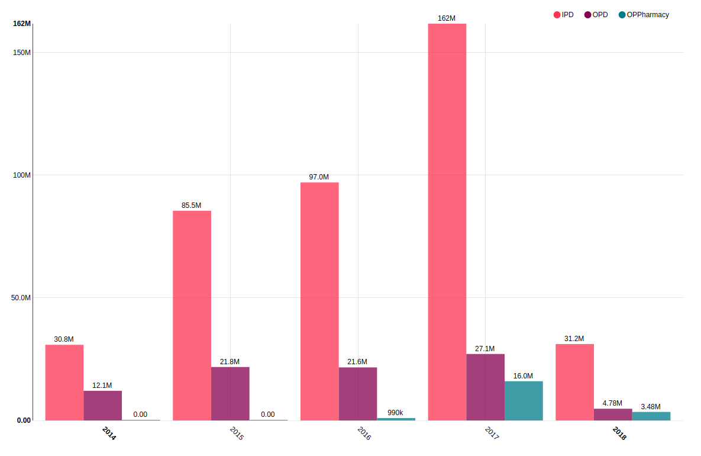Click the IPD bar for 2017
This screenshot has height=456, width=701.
pos(447,222)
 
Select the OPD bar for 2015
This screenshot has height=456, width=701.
pos(230,394)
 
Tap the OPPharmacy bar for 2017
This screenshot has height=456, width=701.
pos(524,401)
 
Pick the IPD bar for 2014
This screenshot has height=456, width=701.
pos(64,383)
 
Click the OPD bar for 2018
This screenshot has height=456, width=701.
pos(613,415)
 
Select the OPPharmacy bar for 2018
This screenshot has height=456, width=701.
pos(651,416)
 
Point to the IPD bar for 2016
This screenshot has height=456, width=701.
pos(319,301)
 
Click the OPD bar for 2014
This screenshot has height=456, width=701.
pos(103,406)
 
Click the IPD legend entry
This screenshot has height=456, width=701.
pos(564,15)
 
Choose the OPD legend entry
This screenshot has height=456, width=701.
pos(596,15)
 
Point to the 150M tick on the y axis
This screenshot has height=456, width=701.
pos(22,52)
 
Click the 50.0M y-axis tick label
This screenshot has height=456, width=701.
pos(21,298)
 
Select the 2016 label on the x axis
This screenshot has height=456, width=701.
pos(364,433)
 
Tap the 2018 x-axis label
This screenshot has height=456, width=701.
pos(619,433)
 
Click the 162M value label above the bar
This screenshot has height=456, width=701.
pos(447,18)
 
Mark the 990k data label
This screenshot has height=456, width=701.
pos(395,413)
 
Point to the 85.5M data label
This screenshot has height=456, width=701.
pos(192,205)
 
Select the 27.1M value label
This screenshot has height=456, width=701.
pos(485,349)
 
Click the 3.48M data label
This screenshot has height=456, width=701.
pos(651,407)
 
